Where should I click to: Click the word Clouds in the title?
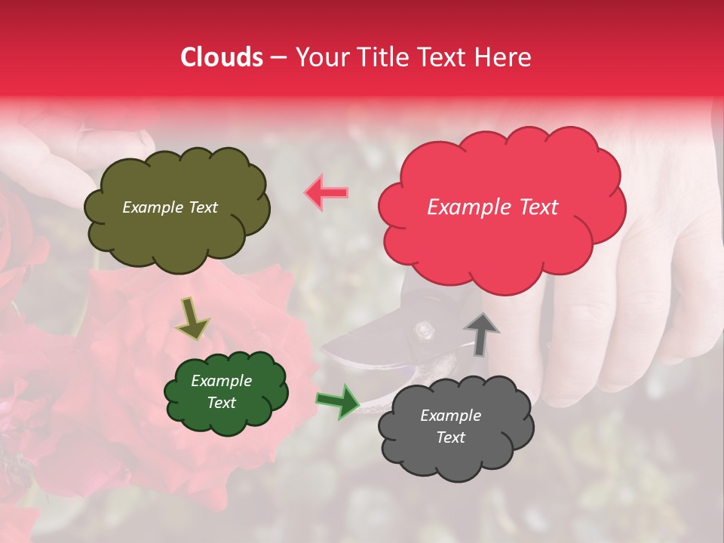(x=222, y=57)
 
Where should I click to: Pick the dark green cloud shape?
(x=225, y=392)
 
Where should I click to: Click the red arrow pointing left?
(x=326, y=192)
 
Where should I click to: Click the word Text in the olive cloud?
(x=203, y=207)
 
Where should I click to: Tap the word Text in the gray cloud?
(x=450, y=437)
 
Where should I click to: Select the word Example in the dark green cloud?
(x=221, y=381)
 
